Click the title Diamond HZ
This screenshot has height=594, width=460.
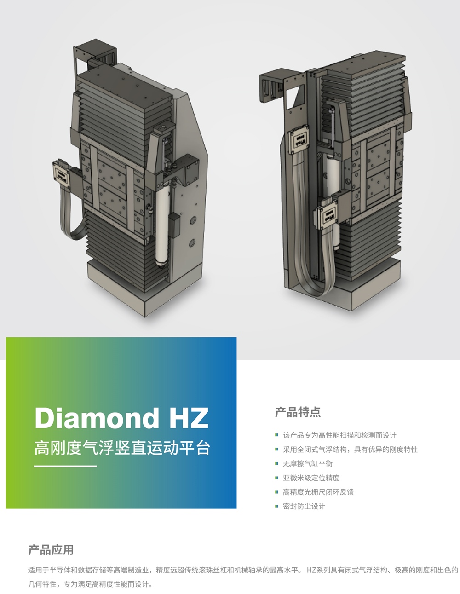121,418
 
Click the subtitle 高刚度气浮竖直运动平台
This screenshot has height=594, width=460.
122,448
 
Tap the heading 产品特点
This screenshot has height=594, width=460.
298,412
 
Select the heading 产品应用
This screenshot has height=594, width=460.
51,550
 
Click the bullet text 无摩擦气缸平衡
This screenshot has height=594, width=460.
308,464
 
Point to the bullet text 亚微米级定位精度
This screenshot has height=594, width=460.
311,478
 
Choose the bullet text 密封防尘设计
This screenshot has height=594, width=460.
304,506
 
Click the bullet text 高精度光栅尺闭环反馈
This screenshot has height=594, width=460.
318,492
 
